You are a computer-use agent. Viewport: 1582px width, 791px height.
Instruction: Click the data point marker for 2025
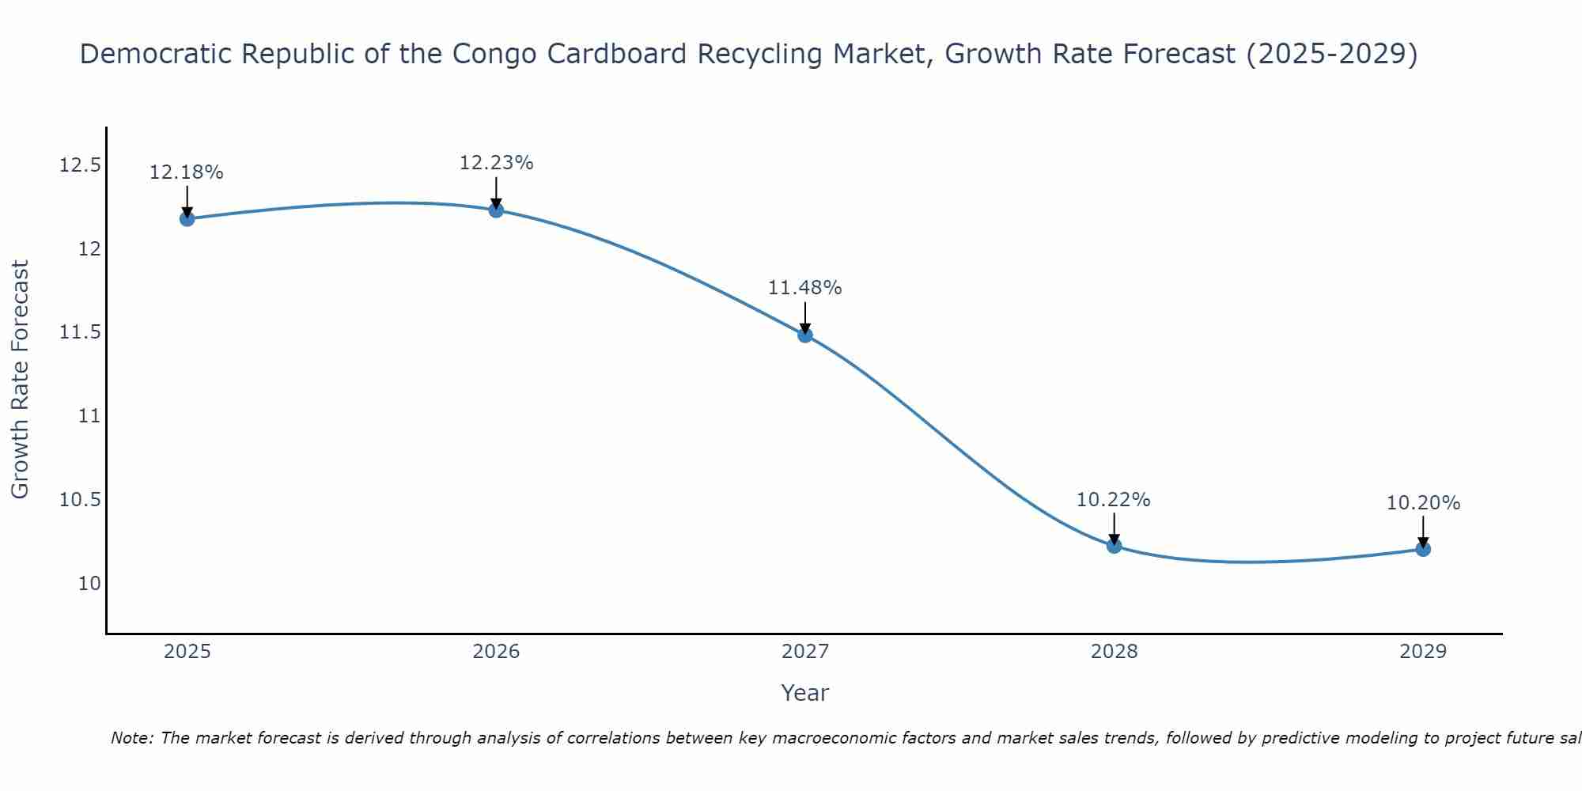pyautogui.click(x=187, y=218)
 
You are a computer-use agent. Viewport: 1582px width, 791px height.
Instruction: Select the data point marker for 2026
pyautogui.click(x=496, y=210)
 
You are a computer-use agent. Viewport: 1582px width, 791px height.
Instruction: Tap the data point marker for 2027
pyautogui.click(x=805, y=335)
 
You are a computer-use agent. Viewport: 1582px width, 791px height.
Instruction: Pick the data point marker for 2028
pyautogui.click(x=1114, y=545)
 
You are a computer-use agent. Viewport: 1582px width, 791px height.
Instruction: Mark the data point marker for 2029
pyautogui.click(x=1423, y=548)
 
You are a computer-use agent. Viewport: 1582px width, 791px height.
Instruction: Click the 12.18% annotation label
pyautogui.click(x=187, y=172)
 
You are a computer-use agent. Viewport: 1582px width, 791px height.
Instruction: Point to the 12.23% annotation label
pyautogui.click(x=496, y=163)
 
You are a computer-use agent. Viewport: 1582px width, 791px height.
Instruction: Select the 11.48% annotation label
pyautogui.click(x=805, y=288)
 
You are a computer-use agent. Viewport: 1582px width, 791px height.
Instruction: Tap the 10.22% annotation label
pyautogui.click(x=1114, y=500)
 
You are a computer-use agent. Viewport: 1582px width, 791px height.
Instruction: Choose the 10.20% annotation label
pyautogui.click(x=1423, y=503)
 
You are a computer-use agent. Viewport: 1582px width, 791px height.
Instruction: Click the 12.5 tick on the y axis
pyautogui.click(x=81, y=165)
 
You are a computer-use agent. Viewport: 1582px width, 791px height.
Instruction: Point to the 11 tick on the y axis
pyautogui.click(x=90, y=416)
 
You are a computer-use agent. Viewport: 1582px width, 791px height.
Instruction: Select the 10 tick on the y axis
pyautogui.click(x=90, y=584)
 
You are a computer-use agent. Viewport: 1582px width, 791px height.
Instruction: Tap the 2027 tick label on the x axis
pyautogui.click(x=805, y=652)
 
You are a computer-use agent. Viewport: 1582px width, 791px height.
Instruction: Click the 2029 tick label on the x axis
pyautogui.click(x=1423, y=652)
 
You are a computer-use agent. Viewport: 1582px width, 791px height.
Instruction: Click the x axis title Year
pyautogui.click(x=805, y=693)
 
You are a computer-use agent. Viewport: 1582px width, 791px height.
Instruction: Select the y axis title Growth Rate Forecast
pyautogui.click(x=20, y=379)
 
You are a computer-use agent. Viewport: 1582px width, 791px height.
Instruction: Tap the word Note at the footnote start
pyautogui.click(x=131, y=738)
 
